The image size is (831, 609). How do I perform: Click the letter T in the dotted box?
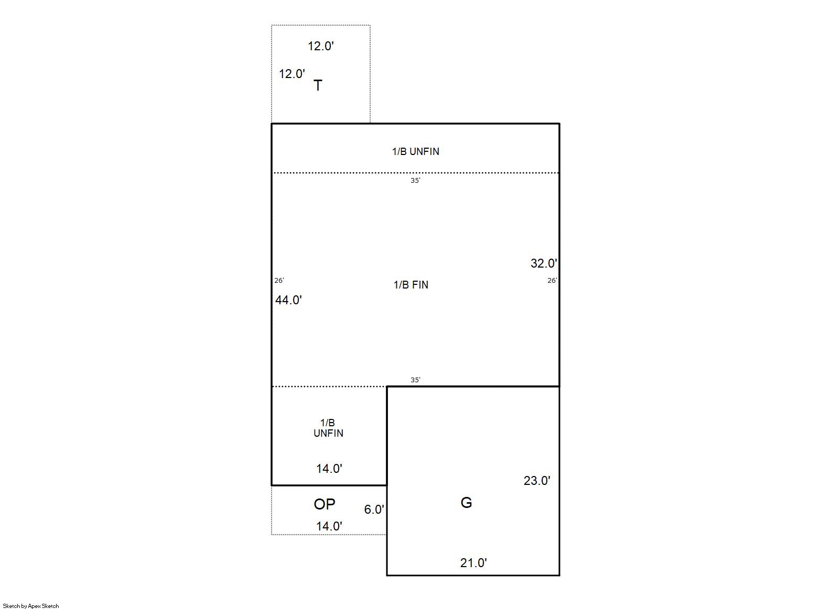[x=318, y=85]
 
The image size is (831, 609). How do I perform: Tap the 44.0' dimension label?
[x=289, y=300]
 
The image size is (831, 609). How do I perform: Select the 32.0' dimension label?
[x=544, y=263]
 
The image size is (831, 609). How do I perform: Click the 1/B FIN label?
[x=411, y=285]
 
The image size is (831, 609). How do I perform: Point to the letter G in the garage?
[x=466, y=503]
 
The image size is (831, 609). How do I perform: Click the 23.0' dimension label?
[x=537, y=481]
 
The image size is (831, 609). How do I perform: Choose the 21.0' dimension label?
[x=473, y=563]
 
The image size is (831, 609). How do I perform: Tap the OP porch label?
[x=325, y=504]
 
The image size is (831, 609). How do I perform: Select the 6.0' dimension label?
[x=374, y=510]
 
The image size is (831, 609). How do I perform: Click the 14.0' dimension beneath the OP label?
[x=329, y=526]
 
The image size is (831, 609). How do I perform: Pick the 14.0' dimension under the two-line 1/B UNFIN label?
[x=329, y=469]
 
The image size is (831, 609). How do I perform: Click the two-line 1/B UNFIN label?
[x=328, y=428]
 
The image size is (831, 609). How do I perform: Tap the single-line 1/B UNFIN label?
[x=415, y=151]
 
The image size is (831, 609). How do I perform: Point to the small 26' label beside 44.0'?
[x=279, y=281]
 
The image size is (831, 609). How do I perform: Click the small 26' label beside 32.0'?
[x=553, y=281]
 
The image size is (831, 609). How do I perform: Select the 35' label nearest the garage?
[x=415, y=380]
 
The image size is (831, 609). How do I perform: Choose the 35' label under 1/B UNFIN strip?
[x=415, y=181]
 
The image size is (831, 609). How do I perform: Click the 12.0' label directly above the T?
[x=321, y=46]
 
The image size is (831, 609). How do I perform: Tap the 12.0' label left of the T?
[x=292, y=74]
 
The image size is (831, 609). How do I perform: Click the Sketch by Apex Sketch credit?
[x=31, y=606]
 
